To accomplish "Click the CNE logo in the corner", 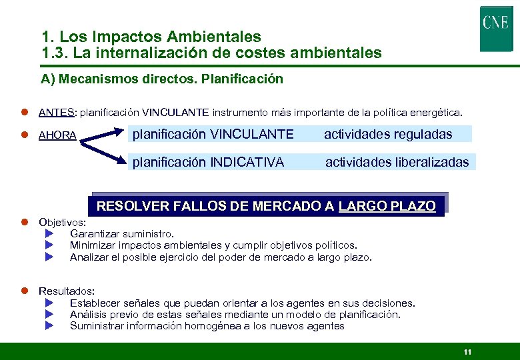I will [495, 29].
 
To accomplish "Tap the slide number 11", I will [467, 351].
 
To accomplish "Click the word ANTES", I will [57, 112].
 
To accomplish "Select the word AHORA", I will [57, 135].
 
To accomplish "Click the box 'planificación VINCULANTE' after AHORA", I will [213, 134].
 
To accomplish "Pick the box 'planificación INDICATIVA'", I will [208, 161].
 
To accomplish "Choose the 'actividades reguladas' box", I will [388, 134].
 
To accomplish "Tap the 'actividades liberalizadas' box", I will [397, 161].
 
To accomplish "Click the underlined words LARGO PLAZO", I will [387, 206].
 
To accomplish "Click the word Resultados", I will [66, 291].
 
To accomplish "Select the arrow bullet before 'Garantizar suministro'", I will [49, 233].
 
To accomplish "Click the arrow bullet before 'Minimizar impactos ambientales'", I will [49, 245].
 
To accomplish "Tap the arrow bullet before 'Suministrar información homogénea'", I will [49, 325].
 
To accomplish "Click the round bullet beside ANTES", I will [23, 112].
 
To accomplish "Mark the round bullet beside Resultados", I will [23, 291].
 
